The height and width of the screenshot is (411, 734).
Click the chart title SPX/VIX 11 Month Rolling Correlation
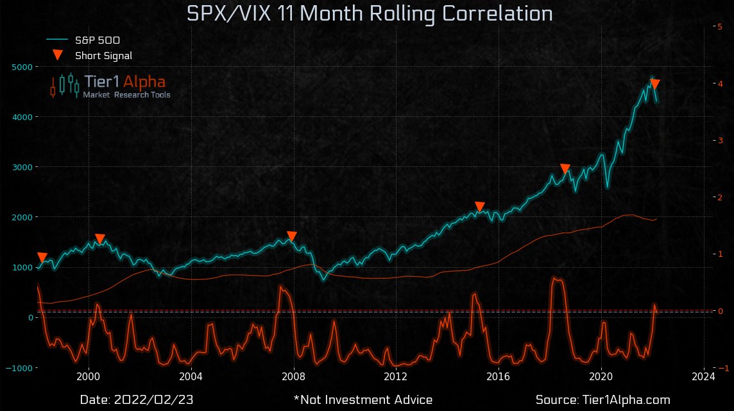(x=369, y=14)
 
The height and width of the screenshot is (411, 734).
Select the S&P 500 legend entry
(x=97, y=40)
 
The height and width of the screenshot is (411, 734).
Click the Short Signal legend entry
(x=103, y=55)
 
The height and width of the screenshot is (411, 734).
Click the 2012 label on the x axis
(x=397, y=376)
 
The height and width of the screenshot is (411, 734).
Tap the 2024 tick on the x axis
(x=704, y=376)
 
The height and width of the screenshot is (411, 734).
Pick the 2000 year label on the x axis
(x=89, y=376)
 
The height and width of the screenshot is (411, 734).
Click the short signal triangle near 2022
(x=655, y=84)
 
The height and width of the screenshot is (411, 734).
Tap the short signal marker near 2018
(x=565, y=169)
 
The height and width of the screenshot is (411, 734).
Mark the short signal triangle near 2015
(x=480, y=207)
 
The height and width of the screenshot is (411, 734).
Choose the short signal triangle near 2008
(x=292, y=236)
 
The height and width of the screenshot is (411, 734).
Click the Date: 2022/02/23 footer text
(x=137, y=400)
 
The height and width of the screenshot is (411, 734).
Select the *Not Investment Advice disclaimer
(x=363, y=400)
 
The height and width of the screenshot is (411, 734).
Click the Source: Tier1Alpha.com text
(x=602, y=400)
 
